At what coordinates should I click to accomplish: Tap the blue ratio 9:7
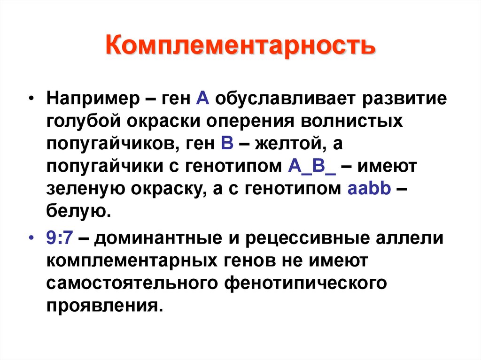(59, 237)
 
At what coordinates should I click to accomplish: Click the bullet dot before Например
(31, 100)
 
